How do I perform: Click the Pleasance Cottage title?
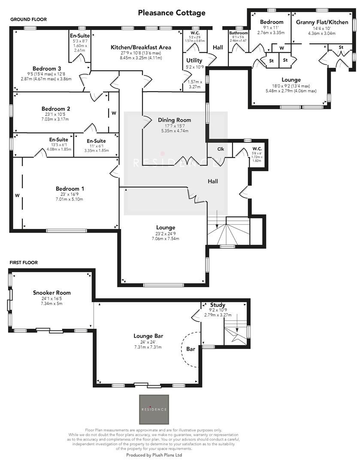click(x=172, y=13)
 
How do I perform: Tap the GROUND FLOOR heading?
click(x=29, y=19)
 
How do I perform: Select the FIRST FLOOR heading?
click(x=24, y=262)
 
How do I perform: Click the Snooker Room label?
click(x=51, y=293)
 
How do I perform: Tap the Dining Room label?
click(x=174, y=120)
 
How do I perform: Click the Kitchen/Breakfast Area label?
click(x=141, y=47)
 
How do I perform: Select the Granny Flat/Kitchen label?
click(x=322, y=22)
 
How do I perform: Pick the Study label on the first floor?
click(x=218, y=305)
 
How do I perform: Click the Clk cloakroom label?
click(x=221, y=149)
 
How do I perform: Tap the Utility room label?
click(x=194, y=60)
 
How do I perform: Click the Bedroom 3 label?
click(x=47, y=69)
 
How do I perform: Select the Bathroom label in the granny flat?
click(x=238, y=33)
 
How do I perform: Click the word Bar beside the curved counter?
click(x=191, y=349)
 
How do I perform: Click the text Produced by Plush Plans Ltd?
click(x=154, y=455)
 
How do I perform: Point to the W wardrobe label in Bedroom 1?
click(x=17, y=195)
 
